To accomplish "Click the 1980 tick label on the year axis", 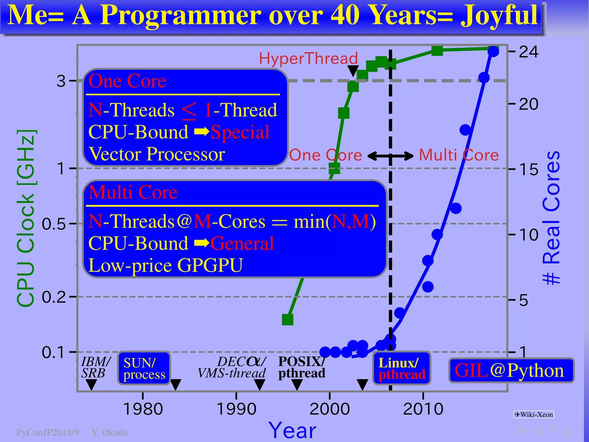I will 143,409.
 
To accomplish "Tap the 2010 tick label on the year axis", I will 423,409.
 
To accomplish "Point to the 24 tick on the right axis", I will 529,52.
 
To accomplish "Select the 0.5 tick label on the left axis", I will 54,224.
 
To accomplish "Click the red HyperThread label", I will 308,58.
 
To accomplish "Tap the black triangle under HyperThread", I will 353,71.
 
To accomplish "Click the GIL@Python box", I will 511,370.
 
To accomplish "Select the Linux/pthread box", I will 401,368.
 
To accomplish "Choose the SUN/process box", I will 144,368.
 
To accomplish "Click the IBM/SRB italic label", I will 95,367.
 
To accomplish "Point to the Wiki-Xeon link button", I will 533,414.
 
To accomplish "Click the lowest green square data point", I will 288,319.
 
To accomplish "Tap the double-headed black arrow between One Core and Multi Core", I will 390,156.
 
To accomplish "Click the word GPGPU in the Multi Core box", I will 210,265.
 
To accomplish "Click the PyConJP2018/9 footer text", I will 48,433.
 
